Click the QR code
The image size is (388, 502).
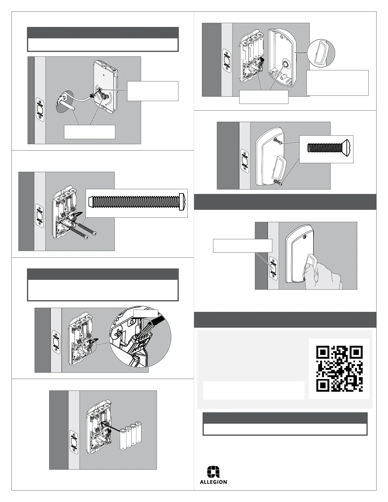point(339,369)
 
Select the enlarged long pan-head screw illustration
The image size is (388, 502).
point(137,203)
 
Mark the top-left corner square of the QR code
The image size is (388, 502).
point(323,352)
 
